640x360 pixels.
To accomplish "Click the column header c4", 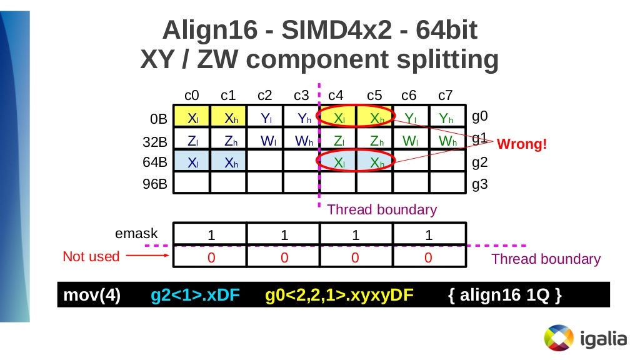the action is point(336,96).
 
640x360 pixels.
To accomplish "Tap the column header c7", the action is point(445,96).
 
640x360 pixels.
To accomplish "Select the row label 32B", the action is point(155,142).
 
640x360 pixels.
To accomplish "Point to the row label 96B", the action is point(155,185).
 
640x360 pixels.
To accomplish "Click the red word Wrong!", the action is point(522,144).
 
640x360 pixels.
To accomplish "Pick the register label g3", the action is point(480,184).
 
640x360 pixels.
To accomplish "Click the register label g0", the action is point(480,116).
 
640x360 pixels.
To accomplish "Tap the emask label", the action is point(137,234).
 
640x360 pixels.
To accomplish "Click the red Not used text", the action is point(91,256).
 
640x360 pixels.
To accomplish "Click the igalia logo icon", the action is point(558,339).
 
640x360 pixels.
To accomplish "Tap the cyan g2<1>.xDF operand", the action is point(196,296).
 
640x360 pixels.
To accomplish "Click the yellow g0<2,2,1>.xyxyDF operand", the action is point(339,296).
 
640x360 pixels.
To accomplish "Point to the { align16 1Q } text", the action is point(505,296).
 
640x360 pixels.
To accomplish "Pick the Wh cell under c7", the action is point(447,141).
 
